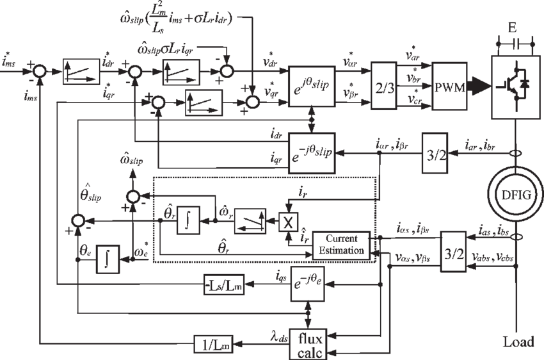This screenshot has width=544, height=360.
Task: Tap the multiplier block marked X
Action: [286, 220]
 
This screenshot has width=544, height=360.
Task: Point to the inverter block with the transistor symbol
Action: [515, 83]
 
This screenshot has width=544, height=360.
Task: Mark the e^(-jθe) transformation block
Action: [310, 281]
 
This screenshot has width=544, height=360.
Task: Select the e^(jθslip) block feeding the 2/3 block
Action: [312, 84]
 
